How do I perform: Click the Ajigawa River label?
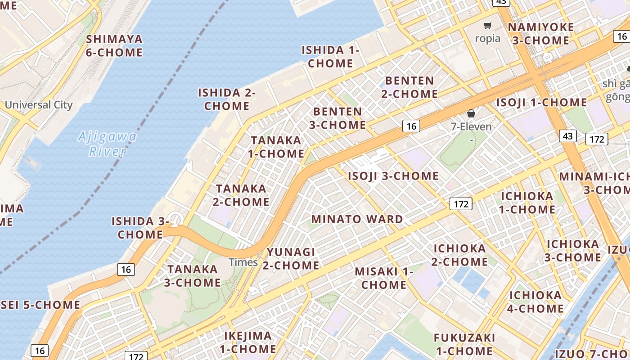[107, 144]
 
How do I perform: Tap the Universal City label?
[39, 105]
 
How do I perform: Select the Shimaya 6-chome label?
[114, 46]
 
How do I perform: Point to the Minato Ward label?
[357, 220]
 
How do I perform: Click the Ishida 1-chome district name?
[330, 57]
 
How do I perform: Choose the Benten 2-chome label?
[409, 87]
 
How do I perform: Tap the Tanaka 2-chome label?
[241, 195]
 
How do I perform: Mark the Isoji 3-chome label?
[393, 176]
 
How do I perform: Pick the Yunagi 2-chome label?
[291, 259]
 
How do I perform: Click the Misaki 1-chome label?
[384, 278]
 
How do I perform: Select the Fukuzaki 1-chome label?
[464, 344]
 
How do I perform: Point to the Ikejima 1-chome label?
[248, 342]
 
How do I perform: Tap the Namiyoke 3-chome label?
[541, 34]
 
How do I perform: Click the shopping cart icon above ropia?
[487, 26]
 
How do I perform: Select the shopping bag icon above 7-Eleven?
[471, 113]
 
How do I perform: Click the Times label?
[243, 262]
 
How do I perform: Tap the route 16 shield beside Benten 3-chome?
[411, 126]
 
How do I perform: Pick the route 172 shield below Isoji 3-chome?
[461, 204]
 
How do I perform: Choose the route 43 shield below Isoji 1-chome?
[567, 135]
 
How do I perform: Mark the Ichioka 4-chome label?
[535, 302]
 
